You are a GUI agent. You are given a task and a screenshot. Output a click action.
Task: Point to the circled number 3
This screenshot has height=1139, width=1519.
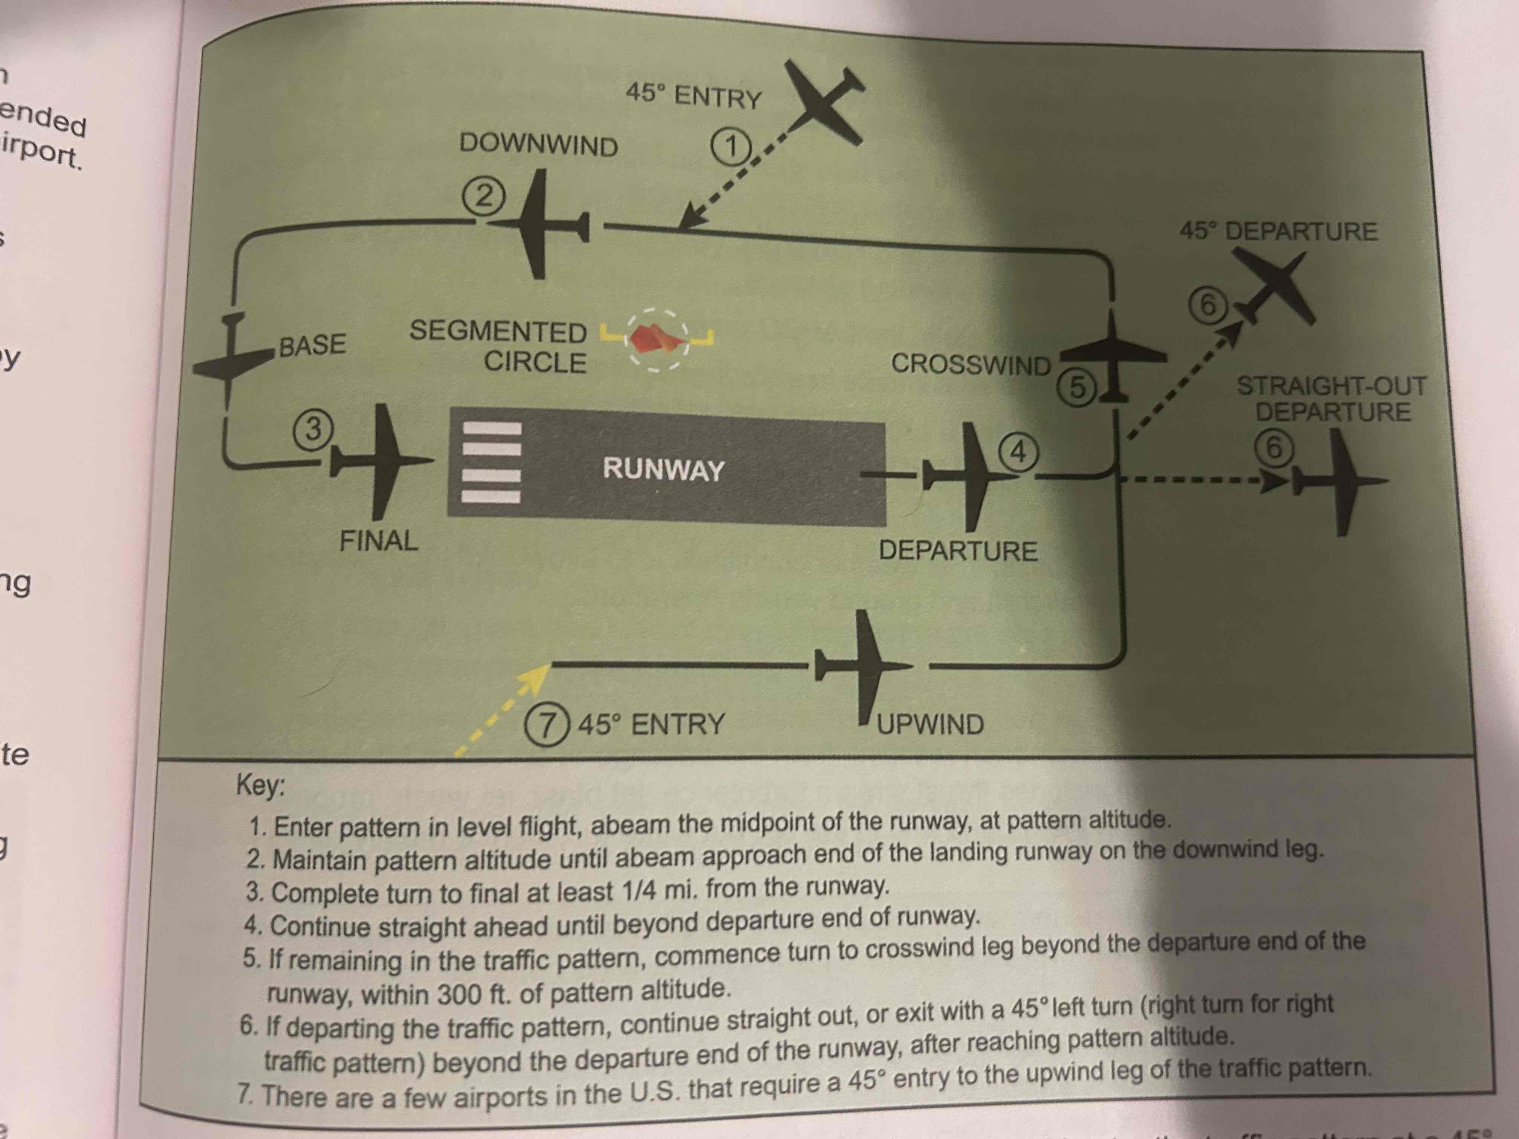pyautogui.click(x=313, y=429)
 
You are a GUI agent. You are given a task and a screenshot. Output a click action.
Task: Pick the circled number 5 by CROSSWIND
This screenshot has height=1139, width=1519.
pyautogui.click(x=1077, y=388)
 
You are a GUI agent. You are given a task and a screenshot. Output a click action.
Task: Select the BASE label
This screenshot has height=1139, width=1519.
pyautogui.click(x=312, y=345)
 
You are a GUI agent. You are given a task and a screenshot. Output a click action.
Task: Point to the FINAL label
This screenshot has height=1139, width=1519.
pyautogui.click(x=378, y=541)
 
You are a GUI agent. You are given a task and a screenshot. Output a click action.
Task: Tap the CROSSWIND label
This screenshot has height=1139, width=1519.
pyautogui.click(x=970, y=364)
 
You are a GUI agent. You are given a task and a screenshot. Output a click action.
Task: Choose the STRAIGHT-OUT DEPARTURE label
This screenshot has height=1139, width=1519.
pyautogui.click(x=1331, y=399)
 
